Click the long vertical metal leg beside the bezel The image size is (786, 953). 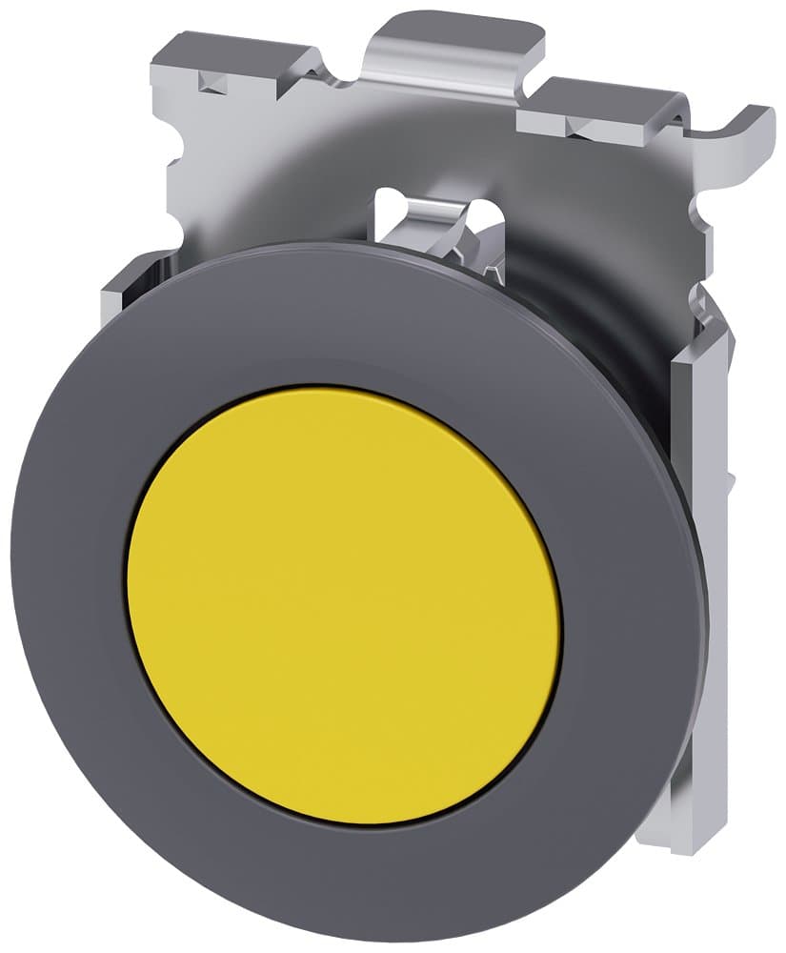pos(705,572)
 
